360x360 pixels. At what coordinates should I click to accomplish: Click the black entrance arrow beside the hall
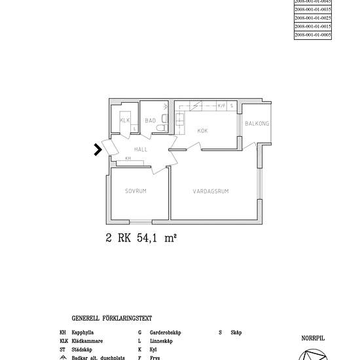tap(98, 150)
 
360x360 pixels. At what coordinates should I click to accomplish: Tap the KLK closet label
tap(124, 120)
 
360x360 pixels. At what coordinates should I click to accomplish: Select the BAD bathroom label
tap(151, 120)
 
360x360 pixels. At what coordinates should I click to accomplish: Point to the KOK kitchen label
tap(203, 131)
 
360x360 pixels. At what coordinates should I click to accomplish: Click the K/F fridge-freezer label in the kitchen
tap(221, 105)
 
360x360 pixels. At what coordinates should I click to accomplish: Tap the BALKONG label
tap(257, 124)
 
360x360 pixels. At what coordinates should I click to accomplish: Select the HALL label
tap(141, 149)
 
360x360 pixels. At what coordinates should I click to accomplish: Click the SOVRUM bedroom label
tap(135, 191)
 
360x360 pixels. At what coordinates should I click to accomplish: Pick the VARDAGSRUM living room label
tap(215, 191)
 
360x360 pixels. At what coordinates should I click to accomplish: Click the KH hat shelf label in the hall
tap(128, 158)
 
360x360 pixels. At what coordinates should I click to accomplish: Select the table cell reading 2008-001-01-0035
tap(313, 10)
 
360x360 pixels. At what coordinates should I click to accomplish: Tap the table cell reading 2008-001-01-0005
tap(313, 34)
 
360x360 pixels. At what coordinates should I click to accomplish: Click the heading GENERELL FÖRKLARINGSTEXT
tap(111, 318)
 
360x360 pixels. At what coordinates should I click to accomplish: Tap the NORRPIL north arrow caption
tap(313, 338)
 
